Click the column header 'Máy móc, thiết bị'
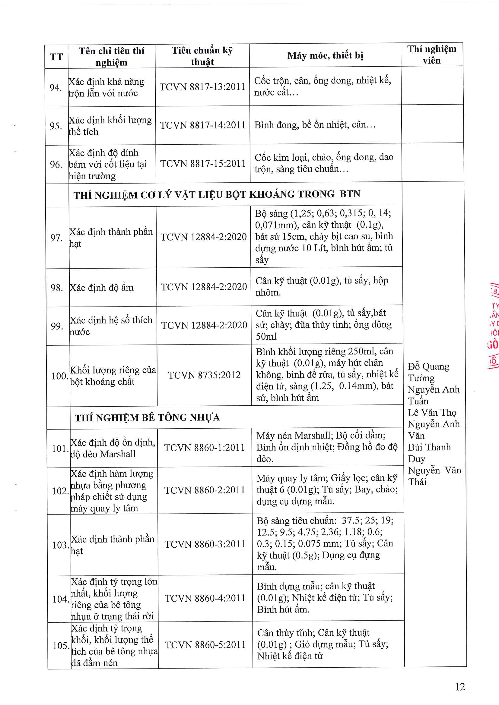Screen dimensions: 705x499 point(325,55)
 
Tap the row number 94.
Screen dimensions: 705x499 point(56,88)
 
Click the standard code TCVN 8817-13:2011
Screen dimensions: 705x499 point(202,87)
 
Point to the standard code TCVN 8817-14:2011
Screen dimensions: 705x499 point(203,125)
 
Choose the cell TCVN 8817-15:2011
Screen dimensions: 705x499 point(203,164)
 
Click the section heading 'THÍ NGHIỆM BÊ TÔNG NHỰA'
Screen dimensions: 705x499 point(147,417)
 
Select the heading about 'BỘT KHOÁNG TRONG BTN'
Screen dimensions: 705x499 point(217,194)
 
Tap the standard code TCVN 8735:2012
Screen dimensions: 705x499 point(204,375)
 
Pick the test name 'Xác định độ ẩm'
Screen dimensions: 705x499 point(102,288)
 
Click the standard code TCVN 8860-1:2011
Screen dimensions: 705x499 point(204,448)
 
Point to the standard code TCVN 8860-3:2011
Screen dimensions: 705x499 point(205,544)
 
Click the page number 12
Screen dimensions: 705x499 point(460,687)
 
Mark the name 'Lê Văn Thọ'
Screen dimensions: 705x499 point(432,413)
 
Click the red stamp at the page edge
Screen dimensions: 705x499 point(494,326)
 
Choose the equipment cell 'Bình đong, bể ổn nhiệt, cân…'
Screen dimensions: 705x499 point(315,125)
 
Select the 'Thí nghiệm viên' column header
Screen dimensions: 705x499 point(432,55)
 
